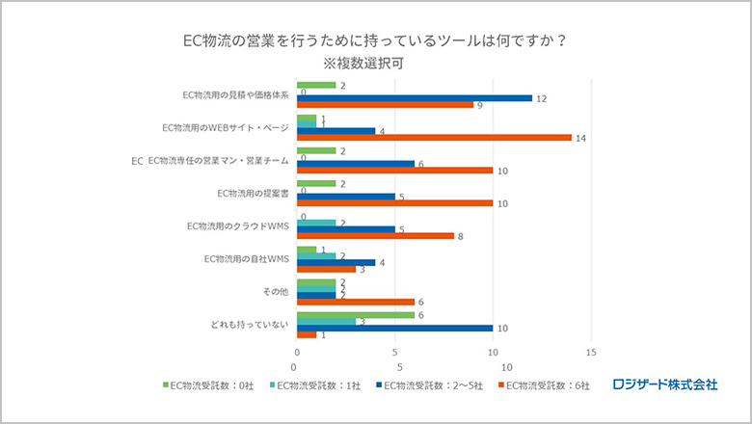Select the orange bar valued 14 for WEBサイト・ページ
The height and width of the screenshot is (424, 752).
point(434,137)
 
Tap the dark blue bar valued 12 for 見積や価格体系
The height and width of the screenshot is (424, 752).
point(415,97)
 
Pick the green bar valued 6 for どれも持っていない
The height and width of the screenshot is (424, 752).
point(356,314)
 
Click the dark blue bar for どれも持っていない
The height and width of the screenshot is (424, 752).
point(394,328)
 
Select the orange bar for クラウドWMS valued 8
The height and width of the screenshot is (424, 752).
point(375,235)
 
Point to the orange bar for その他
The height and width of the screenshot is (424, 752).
point(356,301)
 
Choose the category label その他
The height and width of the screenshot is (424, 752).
point(275,291)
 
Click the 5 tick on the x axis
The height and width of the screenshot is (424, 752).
point(395,367)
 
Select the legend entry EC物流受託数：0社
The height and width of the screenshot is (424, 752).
point(208,385)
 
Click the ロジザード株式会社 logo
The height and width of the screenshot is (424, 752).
point(665,384)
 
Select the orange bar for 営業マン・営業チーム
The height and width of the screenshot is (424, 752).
point(394,170)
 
